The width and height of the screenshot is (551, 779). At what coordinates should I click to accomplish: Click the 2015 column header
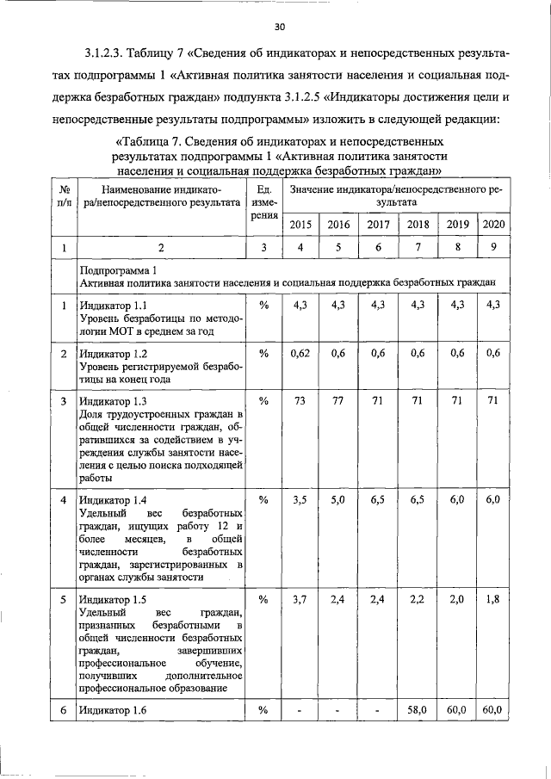300,225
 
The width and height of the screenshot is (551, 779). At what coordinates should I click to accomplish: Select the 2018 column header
418,225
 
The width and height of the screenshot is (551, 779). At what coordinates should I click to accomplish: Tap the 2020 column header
493,225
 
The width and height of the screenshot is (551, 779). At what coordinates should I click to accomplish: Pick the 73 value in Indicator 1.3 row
300,400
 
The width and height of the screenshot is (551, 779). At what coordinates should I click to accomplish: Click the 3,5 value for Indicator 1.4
300,499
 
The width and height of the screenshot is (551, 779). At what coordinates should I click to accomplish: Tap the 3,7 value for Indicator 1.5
300,599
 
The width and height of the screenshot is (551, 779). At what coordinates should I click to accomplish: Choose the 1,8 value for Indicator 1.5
493,599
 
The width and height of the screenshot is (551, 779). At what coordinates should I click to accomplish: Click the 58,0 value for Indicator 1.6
418,709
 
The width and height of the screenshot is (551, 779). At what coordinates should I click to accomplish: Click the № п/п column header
65,196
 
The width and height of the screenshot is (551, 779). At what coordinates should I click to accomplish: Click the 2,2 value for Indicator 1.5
418,599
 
